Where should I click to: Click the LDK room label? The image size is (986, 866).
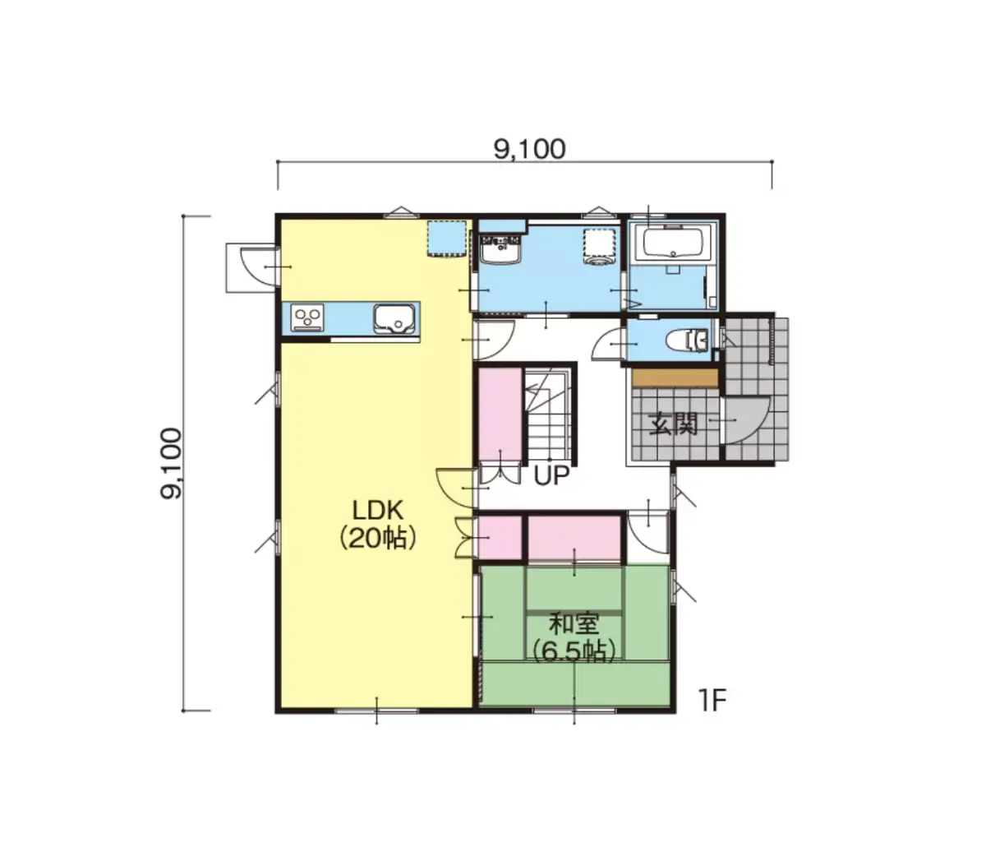click(378, 511)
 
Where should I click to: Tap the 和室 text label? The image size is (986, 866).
click(574, 624)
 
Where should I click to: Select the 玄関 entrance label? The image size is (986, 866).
click(674, 424)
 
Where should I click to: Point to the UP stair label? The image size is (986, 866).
click(551, 475)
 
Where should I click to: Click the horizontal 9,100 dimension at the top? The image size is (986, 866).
click(529, 150)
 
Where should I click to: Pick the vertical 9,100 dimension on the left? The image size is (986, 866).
click(171, 463)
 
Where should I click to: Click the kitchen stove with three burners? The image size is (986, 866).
click(307, 317)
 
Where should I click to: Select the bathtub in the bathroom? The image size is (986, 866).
click(673, 243)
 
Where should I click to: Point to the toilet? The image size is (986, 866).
click(688, 340)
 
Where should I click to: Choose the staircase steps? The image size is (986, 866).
click(548, 414)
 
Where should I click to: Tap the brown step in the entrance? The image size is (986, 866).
click(675, 378)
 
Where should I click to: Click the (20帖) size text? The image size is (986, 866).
click(378, 538)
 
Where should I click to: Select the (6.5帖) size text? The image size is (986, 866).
click(574, 651)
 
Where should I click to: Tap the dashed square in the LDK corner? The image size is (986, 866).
click(446, 238)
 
